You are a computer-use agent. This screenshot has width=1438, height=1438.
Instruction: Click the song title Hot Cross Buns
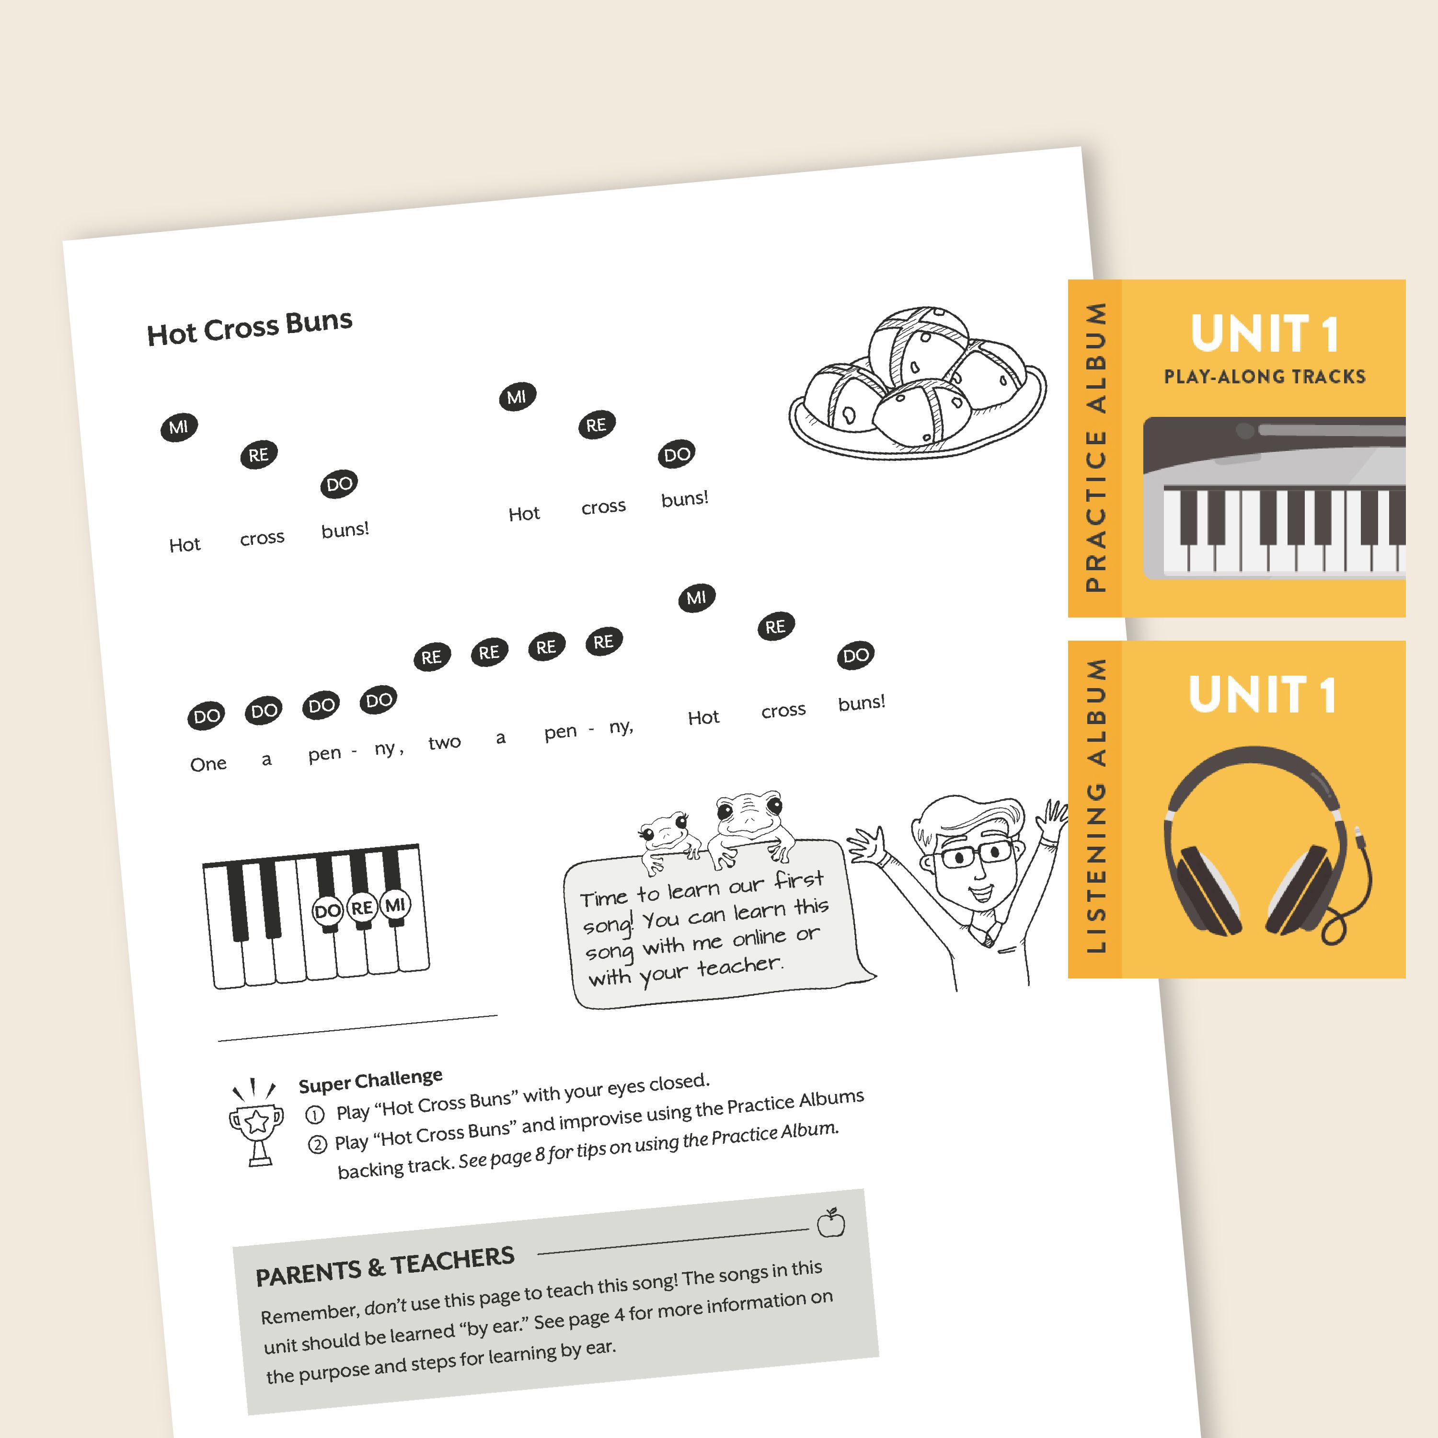coord(249,327)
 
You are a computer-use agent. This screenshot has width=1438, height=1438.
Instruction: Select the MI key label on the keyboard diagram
coord(395,905)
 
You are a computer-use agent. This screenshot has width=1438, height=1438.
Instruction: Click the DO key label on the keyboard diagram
coord(327,911)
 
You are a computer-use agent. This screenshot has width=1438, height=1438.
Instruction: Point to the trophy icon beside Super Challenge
coord(256,1122)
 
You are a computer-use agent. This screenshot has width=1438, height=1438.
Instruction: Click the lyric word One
coord(208,764)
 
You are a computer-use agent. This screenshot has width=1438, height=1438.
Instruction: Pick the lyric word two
coord(444,742)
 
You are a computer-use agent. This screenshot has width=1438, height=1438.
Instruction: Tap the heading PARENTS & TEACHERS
coord(385,1266)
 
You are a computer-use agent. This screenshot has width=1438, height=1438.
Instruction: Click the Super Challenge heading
coord(371,1080)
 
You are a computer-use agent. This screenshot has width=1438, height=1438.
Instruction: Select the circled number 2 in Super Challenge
coord(318,1144)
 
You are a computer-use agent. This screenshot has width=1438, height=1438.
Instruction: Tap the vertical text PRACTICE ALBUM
coord(1095,447)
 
